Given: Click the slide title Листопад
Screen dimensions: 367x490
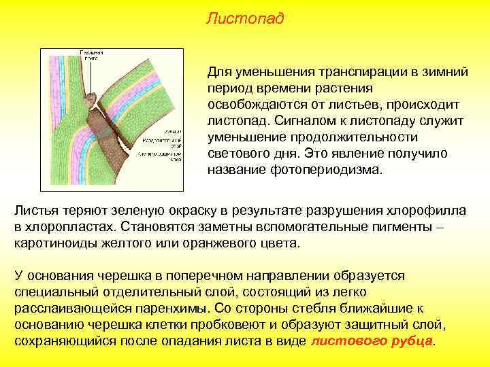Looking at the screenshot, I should [x=245, y=18].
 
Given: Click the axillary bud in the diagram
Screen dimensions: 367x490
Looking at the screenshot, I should [x=88, y=99].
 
